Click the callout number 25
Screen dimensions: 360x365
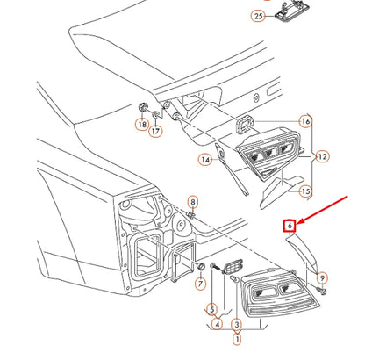click(x=258, y=16)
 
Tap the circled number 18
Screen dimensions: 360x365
click(x=141, y=126)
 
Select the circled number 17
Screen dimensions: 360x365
click(x=156, y=132)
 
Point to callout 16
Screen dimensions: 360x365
click(x=305, y=120)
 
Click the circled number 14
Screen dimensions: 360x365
click(x=204, y=160)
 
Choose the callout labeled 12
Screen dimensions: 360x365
click(x=323, y=156)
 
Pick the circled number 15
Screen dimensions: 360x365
click(x=305, y=191)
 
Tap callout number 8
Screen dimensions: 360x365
click(x=193, y=202)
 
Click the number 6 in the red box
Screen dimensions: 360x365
click(x=288, y=225)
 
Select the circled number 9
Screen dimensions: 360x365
click(x=323, y=277)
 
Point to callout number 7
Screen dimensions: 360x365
click(x=199, y=283)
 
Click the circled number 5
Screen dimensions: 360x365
click(x=211, y=309)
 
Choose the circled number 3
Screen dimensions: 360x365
click(x=236, y=323)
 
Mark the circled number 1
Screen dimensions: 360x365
click(x=236, y=337)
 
